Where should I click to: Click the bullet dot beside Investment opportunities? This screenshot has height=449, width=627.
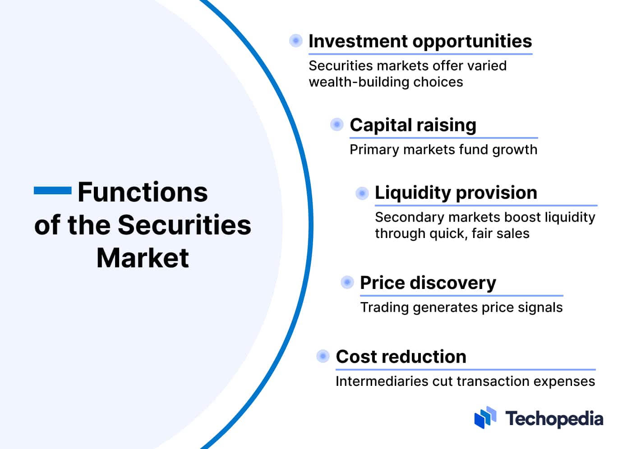click(x=295, y=41)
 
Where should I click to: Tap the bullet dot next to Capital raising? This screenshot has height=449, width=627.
click(x=337, y=124)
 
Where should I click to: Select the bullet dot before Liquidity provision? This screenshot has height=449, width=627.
click(x=362, y=193)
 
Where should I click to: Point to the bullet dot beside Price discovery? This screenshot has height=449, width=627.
click(x=347, y=282)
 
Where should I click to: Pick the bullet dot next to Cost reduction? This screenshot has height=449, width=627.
click(x=323, y=356)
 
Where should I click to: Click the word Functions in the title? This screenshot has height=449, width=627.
click(x=143, y=192)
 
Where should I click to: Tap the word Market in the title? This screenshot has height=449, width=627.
click(x=143, y=258)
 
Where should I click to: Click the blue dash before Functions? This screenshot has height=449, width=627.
click(x=53, y=190)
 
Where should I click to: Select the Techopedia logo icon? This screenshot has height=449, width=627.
click(x=485, y=417)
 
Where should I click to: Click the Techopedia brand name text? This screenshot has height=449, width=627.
click(x=554, y=419)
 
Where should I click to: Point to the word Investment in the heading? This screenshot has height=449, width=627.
click(x=358, y=41)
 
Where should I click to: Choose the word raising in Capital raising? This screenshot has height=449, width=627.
click(x=447, y=126)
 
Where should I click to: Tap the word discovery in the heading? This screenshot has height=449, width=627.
click(x=453, y=283)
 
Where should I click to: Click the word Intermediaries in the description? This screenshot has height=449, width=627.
click(x=382, y=381)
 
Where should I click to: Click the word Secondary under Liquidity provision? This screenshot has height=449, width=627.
click(x=410, y=218)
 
